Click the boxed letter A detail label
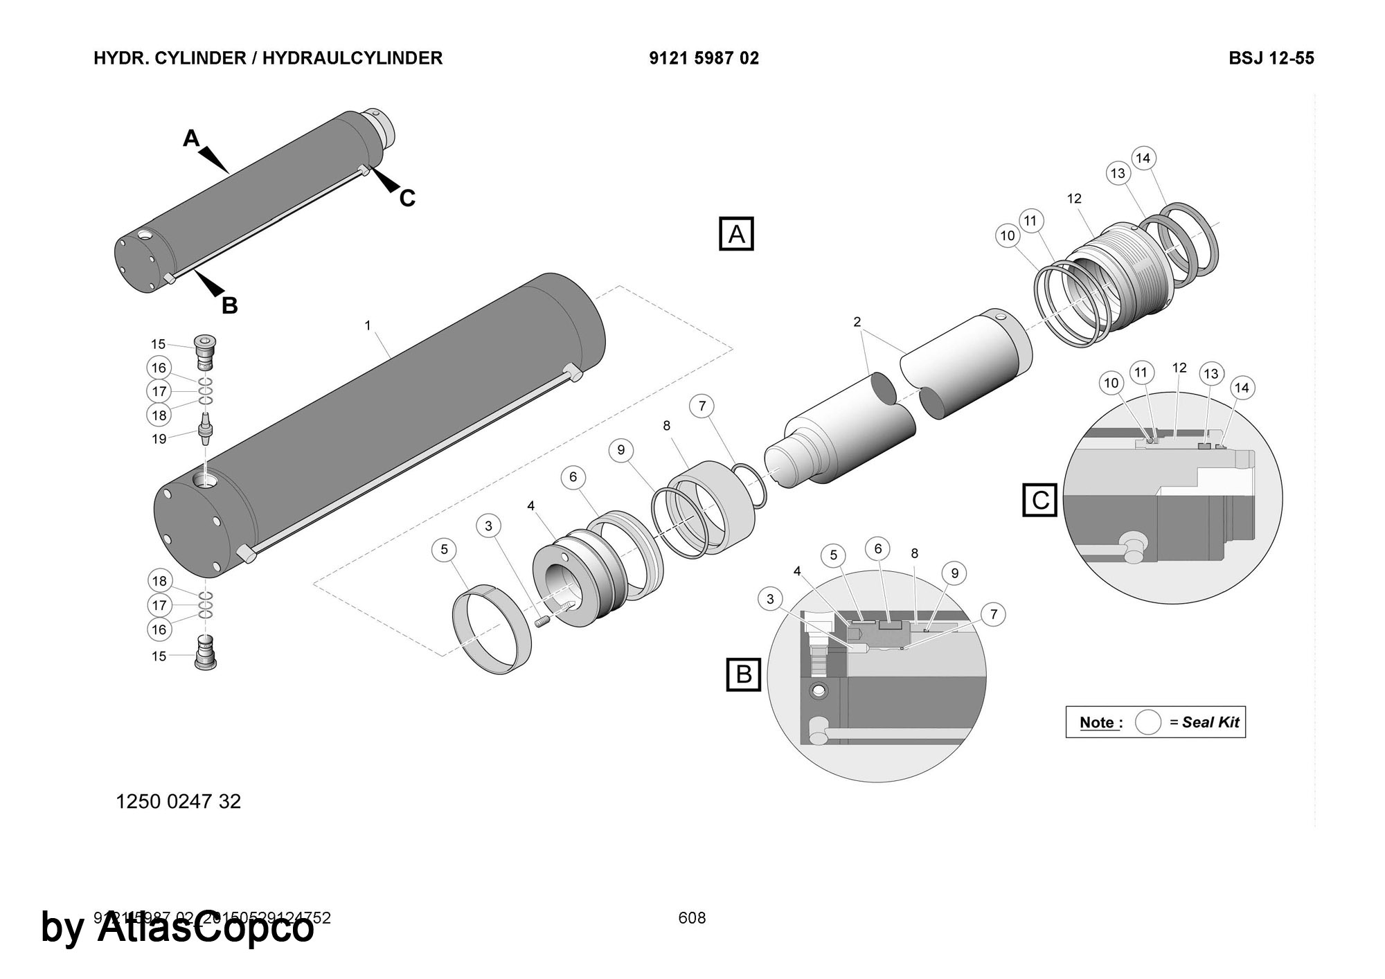point(736,234)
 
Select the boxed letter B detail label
point(744,674)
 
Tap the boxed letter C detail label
point(1040,500)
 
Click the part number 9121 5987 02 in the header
point(704,58)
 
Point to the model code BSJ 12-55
point(1271,58)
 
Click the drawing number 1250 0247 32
point(178,802)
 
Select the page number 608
point(692,918)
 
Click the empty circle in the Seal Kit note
point(1147,722)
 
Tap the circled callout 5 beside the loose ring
point(444,550)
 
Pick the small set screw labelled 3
point(542,623)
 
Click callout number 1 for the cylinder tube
point(368,325)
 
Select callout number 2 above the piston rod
point(857,322)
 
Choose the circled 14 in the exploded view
point(1143,158)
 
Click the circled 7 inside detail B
point(993,614)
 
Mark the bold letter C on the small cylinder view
point(407,199)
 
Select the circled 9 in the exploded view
point(620,450)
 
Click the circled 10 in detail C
point(1111,383)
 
